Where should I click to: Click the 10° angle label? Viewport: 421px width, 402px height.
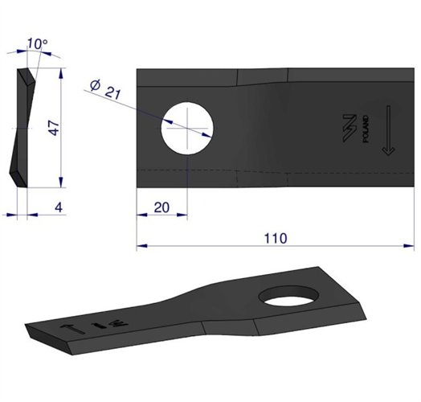[35, 43]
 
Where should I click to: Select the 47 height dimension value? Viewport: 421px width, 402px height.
[54, 129]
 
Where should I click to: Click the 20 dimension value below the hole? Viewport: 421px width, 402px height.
[161, 207]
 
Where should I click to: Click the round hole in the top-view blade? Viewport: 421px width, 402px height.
[187, 129]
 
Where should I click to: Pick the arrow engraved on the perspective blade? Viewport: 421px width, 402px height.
[70, 327]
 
